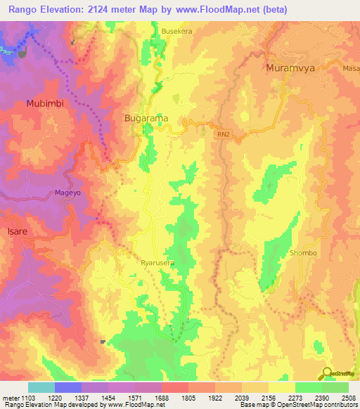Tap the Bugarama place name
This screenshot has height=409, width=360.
coord(146,119)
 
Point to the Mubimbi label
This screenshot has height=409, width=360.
coord(44,103)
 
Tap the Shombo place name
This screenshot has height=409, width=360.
coord(304,252)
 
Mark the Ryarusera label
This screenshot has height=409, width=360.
coord(157,261)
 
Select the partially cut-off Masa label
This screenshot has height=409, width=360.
coord(352,68)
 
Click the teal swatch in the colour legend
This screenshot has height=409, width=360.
coord(41,387)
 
